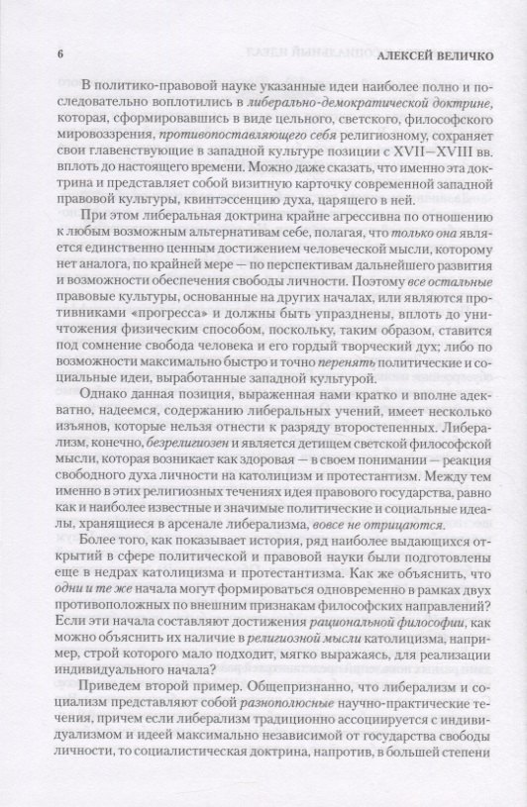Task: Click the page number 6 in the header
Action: (64, 56)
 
